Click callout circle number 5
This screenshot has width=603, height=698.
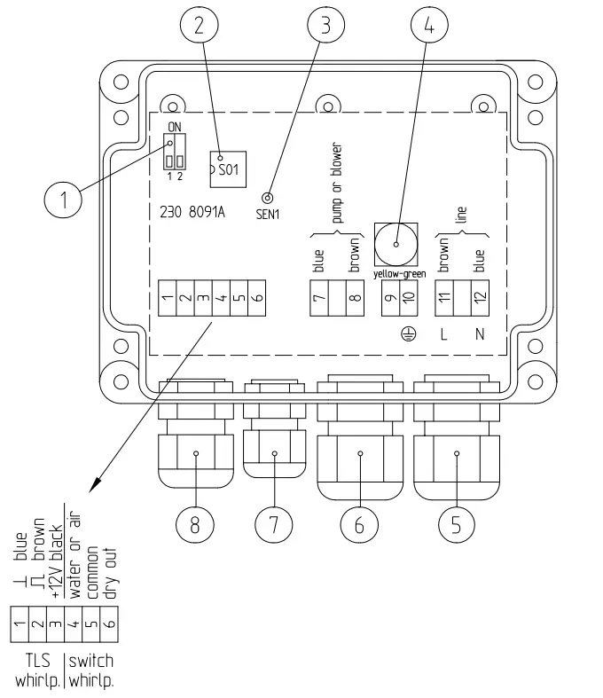point(455,524)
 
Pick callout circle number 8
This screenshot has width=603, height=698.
point(195,524)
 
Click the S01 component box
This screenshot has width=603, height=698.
point(226,168)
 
